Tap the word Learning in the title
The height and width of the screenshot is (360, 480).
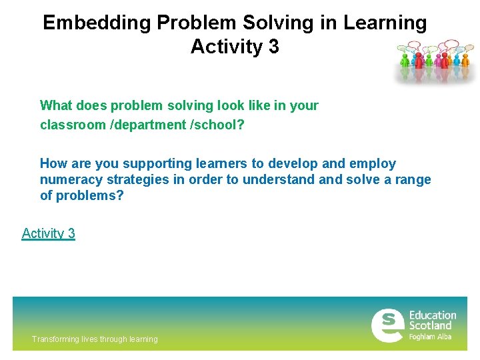click(x=385, y=23)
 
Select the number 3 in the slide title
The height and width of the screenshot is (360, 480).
click(x=273, y=47)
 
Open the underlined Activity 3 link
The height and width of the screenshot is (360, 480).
click(x=48, y=233)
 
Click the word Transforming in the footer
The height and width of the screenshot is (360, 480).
click(x=54, y=339)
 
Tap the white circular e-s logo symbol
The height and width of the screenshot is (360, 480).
click(x=387, y=325)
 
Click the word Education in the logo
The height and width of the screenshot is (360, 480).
click(x=432, y=315)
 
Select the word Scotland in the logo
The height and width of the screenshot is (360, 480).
click(x=430, y=326)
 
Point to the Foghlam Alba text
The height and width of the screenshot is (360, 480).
click(x=430, y=337)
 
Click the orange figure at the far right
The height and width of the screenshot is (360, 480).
click(x=465, y=60)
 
